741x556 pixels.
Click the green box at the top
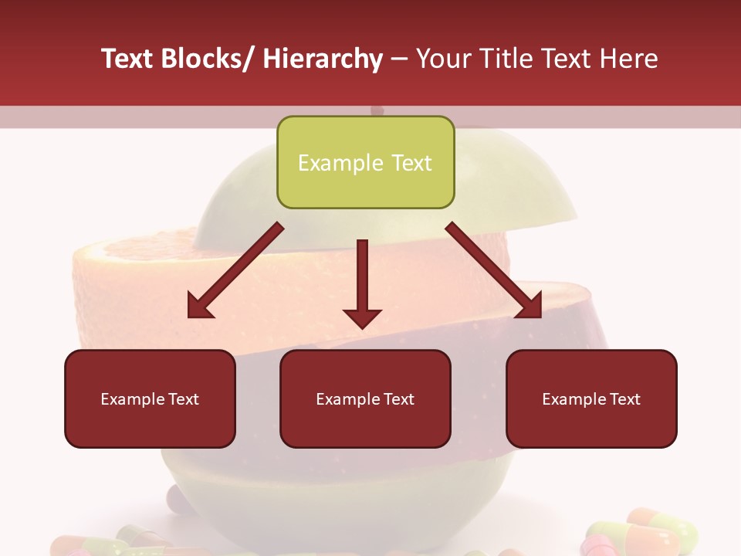point(365,162)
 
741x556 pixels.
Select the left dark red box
point(150,398)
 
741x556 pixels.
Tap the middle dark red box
point(365,398)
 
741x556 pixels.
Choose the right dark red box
point(591,398)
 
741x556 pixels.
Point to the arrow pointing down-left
point(235,270)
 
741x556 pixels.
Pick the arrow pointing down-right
point(494,270)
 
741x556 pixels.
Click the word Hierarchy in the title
point(323,59)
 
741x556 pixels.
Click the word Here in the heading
point(629,59)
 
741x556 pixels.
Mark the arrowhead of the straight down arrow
point(362,317)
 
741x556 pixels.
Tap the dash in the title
point(399,59)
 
